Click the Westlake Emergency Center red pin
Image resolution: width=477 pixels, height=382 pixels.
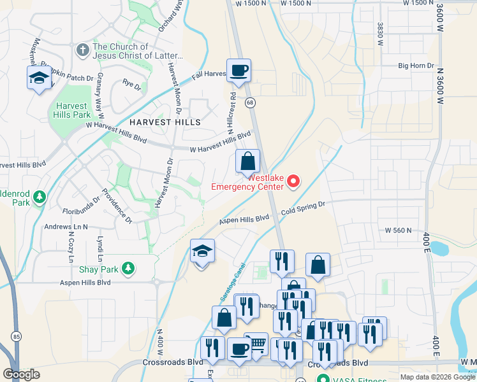(293, 182)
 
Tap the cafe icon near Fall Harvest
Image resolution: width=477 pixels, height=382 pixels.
(238, 70)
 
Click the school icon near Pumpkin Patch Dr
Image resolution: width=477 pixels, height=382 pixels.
(39, 78)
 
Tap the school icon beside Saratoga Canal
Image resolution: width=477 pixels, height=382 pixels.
(202, 251)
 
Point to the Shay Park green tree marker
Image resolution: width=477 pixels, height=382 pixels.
(128, 268)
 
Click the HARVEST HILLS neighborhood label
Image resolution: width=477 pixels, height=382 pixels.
(165, 122)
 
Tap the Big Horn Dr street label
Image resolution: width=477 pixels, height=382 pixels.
(415, 66)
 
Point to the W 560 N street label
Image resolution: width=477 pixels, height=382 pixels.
(398, 230)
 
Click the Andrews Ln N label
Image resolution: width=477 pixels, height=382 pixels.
(65, 227)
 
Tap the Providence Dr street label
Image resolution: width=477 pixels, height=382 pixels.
(119, 208)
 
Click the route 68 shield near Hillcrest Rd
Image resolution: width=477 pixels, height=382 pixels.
(251, 102)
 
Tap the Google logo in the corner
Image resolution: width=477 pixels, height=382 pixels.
(21, 374)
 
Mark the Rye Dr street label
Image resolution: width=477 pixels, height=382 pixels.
(131, 83)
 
